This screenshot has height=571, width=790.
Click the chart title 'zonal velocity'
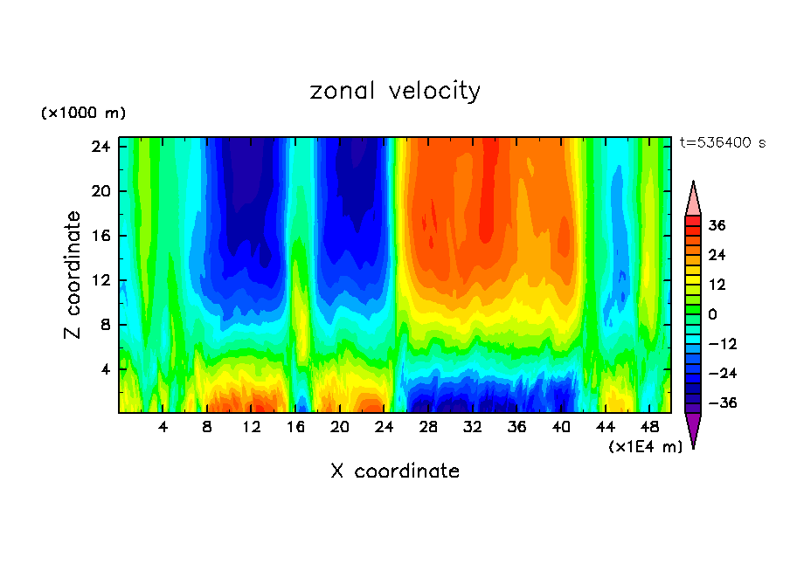click(395, 91)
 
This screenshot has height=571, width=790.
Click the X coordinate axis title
click(395, 471)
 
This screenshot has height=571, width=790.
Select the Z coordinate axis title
click(73, 275)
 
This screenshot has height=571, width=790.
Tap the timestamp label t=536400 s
click(722, 142)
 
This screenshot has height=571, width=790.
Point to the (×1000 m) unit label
click(84, 114)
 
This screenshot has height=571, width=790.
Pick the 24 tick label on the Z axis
click(100, 147)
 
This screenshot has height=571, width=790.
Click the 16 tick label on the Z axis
click(100, 236)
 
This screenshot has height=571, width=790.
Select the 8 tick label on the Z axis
click(104, 325)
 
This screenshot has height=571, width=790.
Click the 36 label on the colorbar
click(717, 225)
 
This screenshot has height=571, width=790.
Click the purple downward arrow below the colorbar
click(693, 430)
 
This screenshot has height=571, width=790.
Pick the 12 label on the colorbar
click(717, 285)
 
